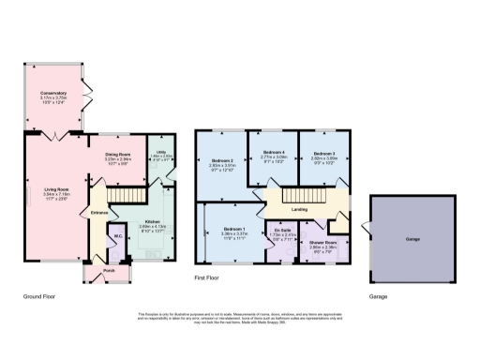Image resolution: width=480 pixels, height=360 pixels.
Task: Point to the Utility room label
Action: [x=162, y=155]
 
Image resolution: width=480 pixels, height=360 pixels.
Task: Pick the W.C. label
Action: [x=116, y=236]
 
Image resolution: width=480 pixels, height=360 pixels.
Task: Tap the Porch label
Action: [x=96, y=271]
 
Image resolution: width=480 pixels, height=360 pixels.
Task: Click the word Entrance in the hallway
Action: [x=99, y=213]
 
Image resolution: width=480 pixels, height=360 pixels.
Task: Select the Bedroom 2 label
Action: [x=220, y=161]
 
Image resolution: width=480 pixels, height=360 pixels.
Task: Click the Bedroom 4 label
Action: [x=273, y=152]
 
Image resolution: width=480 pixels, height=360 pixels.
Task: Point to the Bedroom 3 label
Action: [x=324, y=152]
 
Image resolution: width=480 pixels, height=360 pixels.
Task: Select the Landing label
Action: [x=301, y=209]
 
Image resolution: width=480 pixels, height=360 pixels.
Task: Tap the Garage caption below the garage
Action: [x=378, y=296]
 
